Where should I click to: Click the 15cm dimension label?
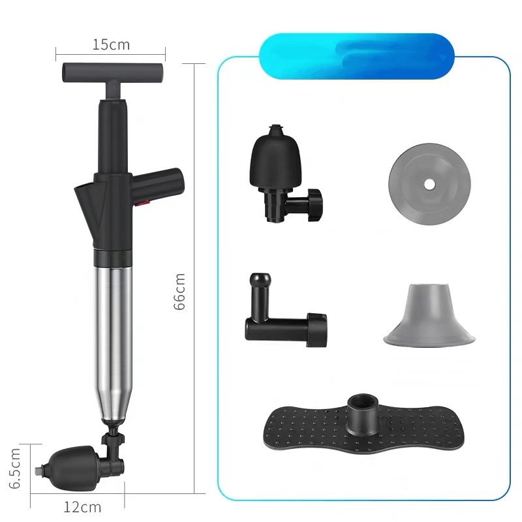coord(111,44)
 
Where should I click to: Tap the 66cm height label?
coord(180,292)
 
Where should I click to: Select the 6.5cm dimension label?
coord(15,468)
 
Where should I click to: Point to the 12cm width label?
coord(82,508)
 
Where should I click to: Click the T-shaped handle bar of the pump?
coord(112,72)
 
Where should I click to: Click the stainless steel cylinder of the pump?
coord(113,343)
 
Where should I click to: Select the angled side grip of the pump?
coord(157,185)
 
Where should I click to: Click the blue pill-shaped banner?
coord(356,56)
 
